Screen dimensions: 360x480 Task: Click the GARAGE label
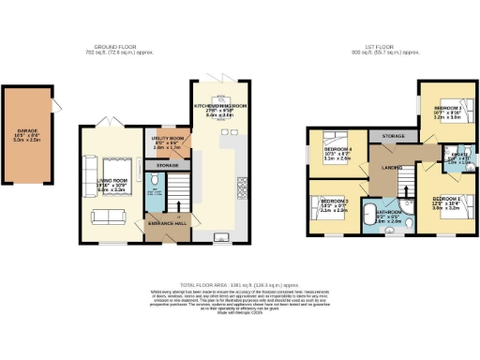[x=27, y=131]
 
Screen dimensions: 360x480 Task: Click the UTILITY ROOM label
[x=168, y=138]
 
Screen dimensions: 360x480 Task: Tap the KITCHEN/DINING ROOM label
[x=220, y=106]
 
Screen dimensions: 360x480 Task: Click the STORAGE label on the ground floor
[x=168, y=166]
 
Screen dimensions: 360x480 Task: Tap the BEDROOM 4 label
[x=338, y=149]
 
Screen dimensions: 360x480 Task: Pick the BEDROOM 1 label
[x=444, y=200]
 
